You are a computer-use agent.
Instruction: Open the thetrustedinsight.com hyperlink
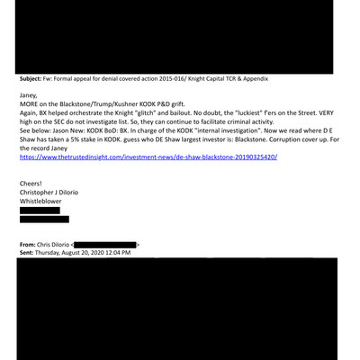[x=148, y=157]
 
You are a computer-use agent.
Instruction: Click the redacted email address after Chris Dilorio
[x=104, y=244]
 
